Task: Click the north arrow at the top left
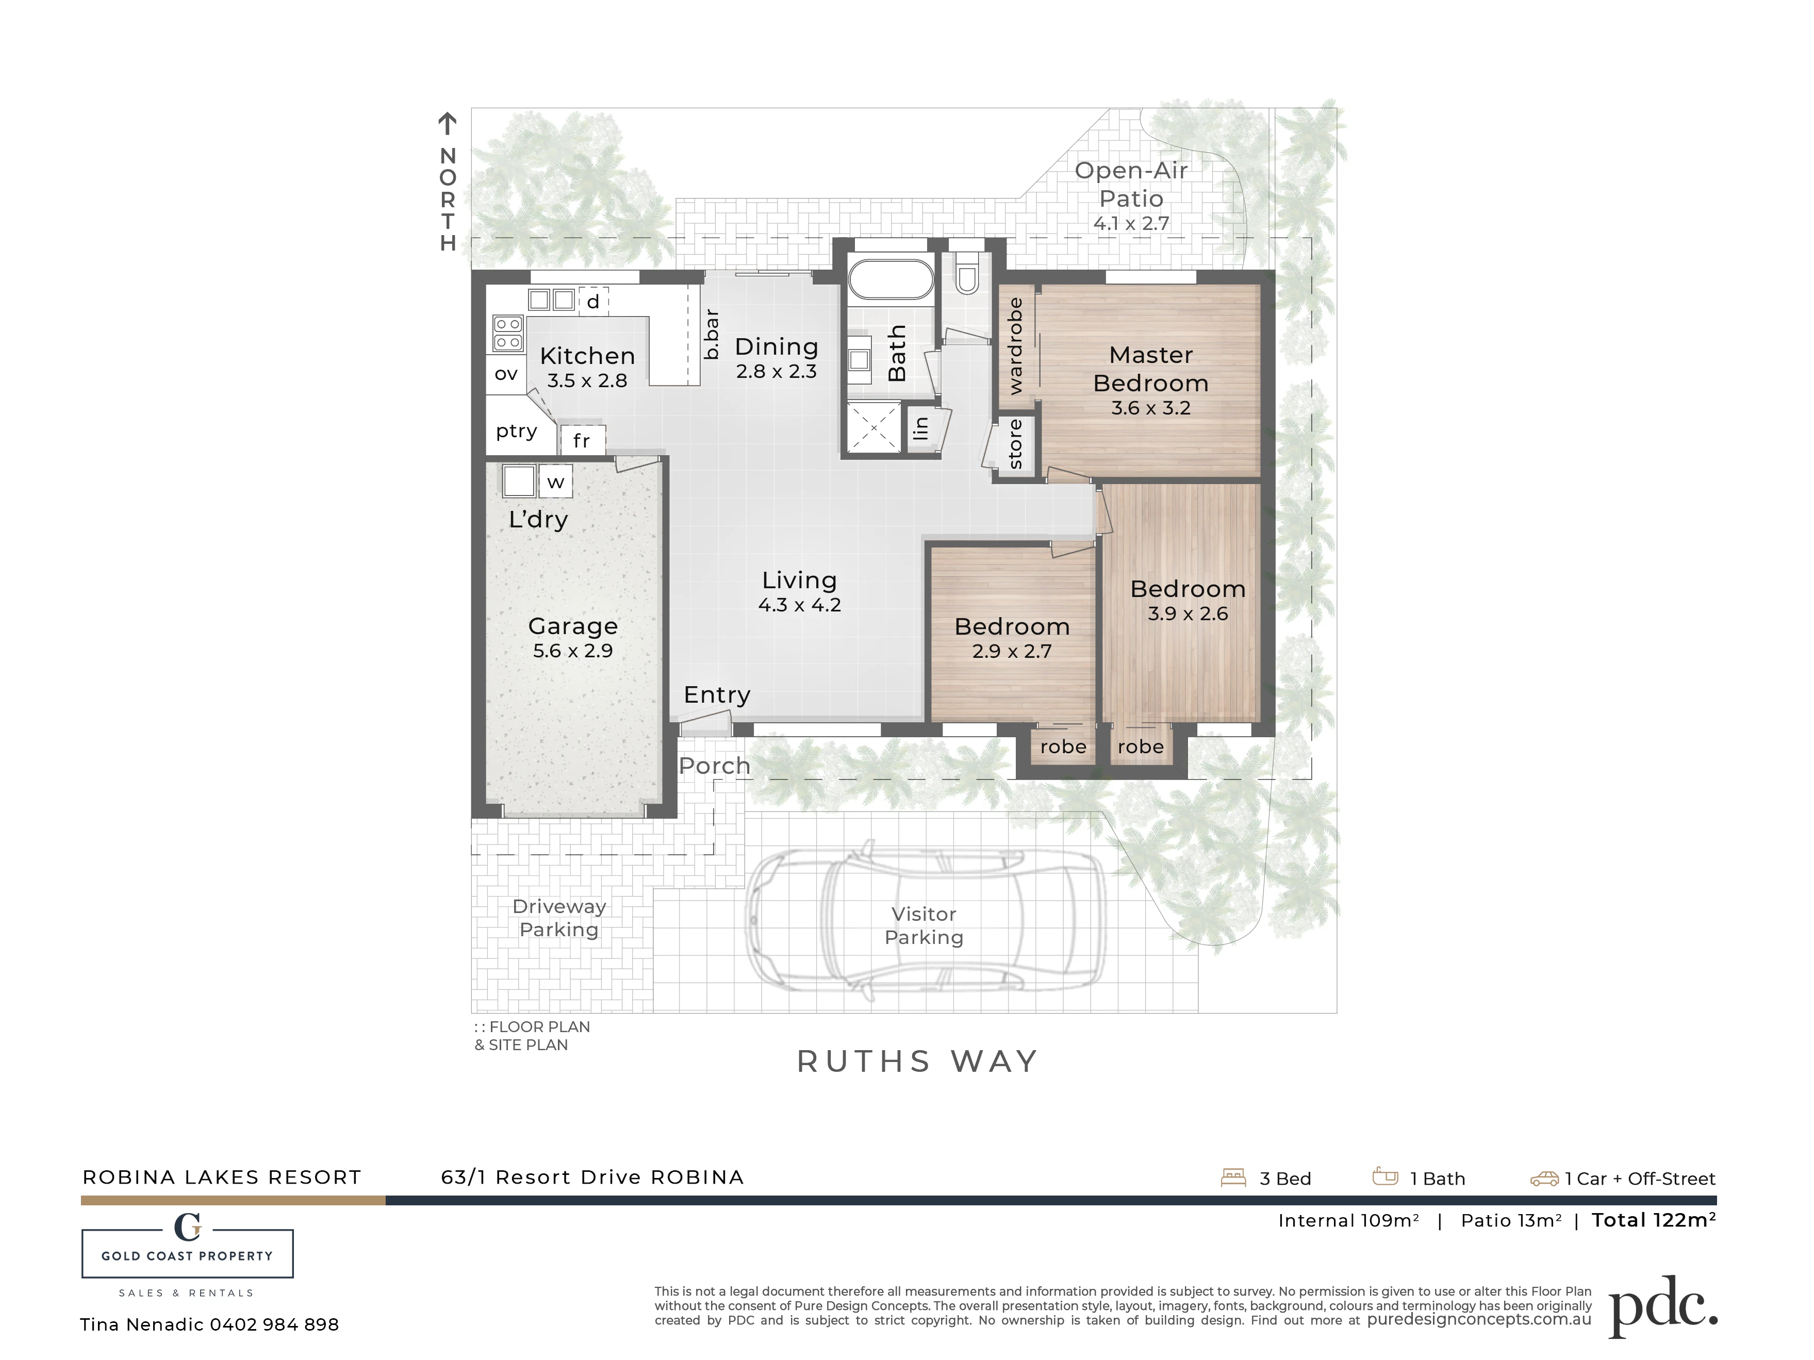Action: click(447, 124)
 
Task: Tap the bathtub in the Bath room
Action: click(890, 279)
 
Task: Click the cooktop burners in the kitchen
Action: click(507, 334)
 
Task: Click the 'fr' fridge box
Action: click(582, 440)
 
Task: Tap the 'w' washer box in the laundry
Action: click(555, 482)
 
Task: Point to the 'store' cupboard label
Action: click(1015, 443)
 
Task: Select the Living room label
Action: click(800, 581)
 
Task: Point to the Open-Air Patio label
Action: click(1132, 185)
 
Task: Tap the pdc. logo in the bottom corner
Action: click(1663, 1306)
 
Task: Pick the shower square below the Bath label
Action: click(874, 428)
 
